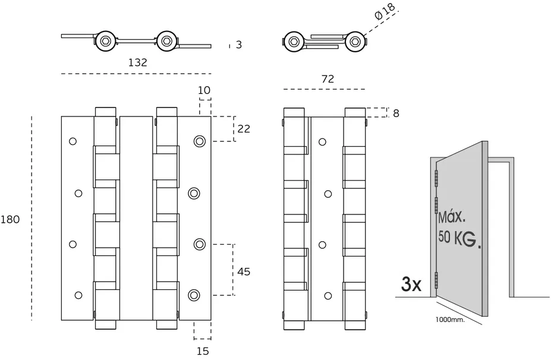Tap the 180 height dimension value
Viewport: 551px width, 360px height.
coord(10,219)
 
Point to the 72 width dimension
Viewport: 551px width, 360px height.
coord(328,78)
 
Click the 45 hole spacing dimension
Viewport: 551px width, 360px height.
coord(244,271)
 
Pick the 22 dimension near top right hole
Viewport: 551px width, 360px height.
coord(244,128)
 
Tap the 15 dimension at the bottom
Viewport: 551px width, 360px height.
coord(203,350)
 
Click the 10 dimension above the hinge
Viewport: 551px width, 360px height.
coord(204,90)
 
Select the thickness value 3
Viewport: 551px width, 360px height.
coord(238,45)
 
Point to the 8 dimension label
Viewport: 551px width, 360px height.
coord(396,113)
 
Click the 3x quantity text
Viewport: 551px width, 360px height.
coord(411,284)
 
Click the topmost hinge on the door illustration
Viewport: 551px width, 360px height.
coord(436,176)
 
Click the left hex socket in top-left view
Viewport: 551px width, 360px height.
coord(105,40)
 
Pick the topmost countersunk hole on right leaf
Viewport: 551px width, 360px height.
coord(199,141)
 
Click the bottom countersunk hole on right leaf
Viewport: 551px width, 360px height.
coord(194,295)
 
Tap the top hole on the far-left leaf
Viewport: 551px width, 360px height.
coord(73,141)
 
